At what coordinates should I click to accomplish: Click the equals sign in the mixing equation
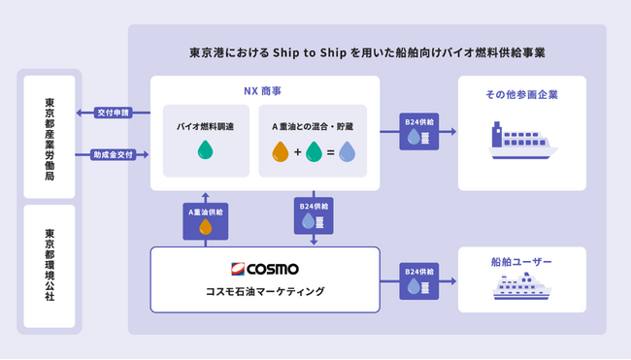[x=330, y=151]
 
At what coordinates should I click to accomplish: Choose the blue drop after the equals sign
[x=347, y=150]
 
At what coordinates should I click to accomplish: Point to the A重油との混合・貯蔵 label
[x=313, y=127]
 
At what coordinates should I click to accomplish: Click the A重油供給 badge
[x=204, y=220]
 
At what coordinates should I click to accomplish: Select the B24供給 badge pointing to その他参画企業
[x=418, y=132]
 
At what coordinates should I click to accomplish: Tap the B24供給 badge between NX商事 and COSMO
[x=313, y=215]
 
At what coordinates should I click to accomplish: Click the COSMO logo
[x=264, y=268]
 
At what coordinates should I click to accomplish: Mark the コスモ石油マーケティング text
[x=264, y=291]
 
